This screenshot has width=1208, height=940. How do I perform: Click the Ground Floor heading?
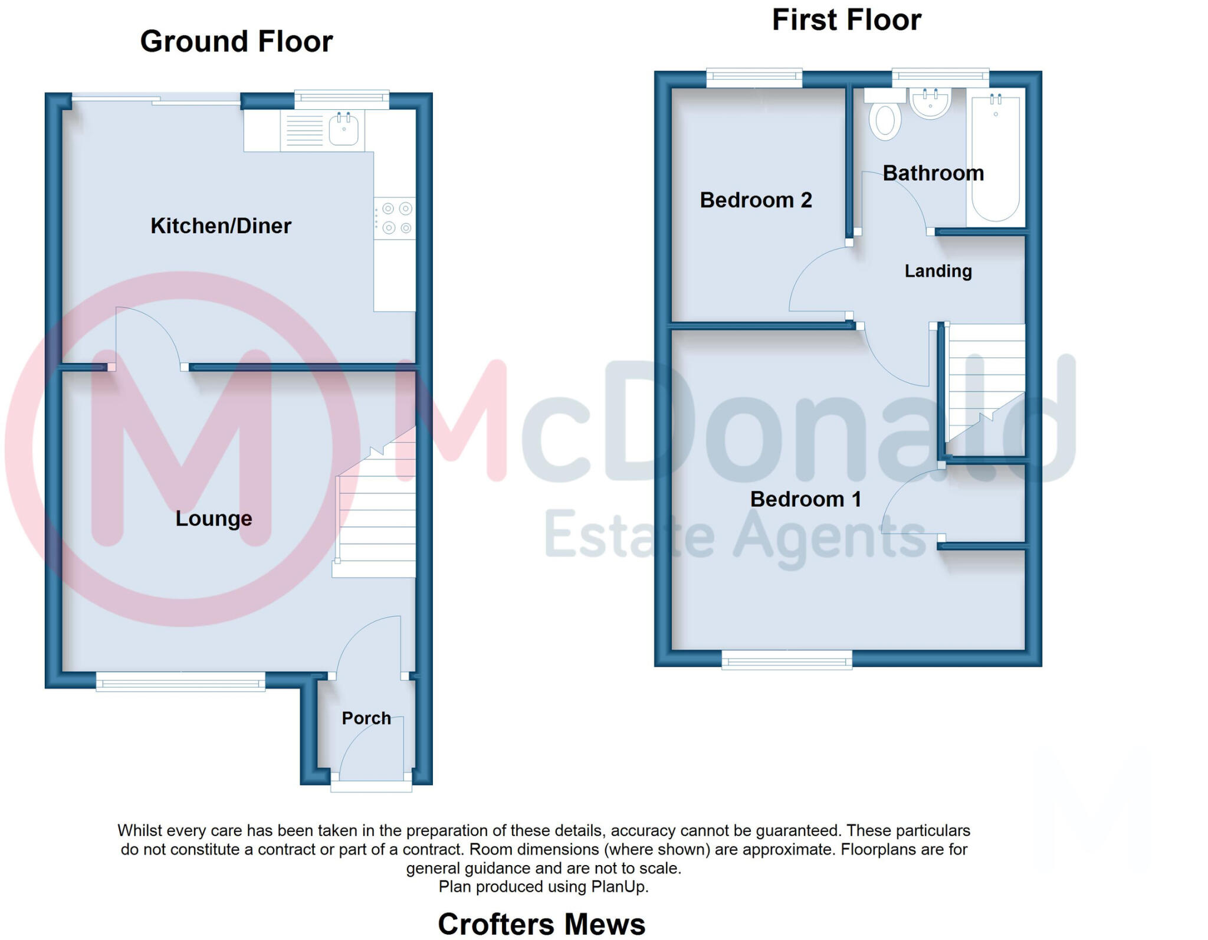236,42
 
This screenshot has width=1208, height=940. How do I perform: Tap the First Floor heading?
846,20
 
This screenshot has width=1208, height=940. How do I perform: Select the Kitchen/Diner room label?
221,226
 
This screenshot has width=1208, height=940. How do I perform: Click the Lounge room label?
214,519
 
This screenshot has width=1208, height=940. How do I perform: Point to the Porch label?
366,718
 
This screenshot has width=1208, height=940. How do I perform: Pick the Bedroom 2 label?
756,201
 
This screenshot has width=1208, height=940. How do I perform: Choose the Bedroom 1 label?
805,500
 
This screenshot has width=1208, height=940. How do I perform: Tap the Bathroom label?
933,173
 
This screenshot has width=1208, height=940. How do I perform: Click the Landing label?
938,271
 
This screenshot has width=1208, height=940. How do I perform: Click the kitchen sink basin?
343,130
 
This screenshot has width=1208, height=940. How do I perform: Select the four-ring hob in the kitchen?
396,218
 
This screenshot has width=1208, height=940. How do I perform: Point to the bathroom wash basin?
930,103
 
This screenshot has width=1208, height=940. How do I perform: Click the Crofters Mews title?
541,923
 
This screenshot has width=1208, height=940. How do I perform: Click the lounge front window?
180,683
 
